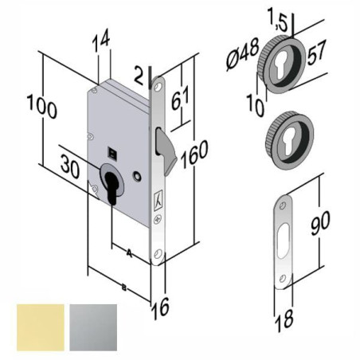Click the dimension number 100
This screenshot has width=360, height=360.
[42, 107]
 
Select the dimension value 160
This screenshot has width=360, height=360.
[194, 155]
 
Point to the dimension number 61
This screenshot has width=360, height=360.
[181, 98]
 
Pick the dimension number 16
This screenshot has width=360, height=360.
[160, 308]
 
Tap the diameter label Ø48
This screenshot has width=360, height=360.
[242, 54]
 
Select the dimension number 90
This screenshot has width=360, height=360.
[320, 223]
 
